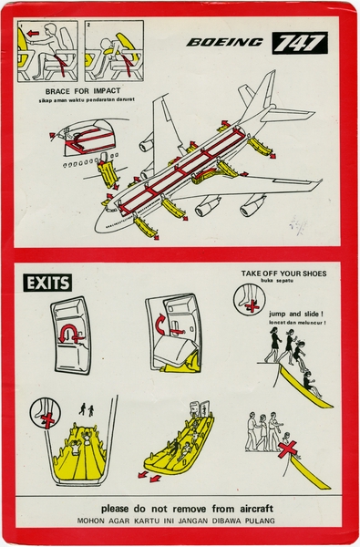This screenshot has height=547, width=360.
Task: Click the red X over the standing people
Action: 289,448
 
